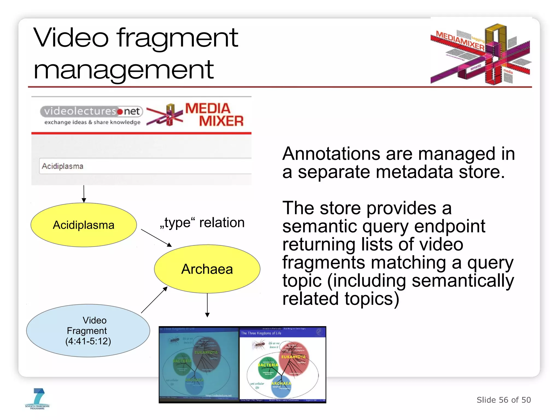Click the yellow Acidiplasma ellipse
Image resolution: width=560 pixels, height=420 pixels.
[x=83, y=225]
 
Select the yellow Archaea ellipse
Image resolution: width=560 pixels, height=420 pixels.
[x=207, y=269]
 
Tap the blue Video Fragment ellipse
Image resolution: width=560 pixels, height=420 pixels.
[x=88, y=331]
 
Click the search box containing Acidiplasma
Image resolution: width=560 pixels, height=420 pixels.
[x=145, y=166]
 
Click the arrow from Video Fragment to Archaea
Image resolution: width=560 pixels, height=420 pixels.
[x=154, y=300]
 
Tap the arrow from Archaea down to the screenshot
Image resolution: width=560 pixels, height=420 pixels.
[x=207, y=305]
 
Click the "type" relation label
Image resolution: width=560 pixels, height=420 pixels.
[x=202, y=223]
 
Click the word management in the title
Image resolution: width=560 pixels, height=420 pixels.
[x=123, y=70]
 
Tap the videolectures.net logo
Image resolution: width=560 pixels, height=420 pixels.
[x=92, y=115]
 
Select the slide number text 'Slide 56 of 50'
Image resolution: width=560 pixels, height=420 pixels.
[x=504, y=400]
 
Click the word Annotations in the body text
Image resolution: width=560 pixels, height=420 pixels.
[x=331, y=154]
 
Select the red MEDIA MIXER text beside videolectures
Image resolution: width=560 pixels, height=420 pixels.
[x=214, y=115]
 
